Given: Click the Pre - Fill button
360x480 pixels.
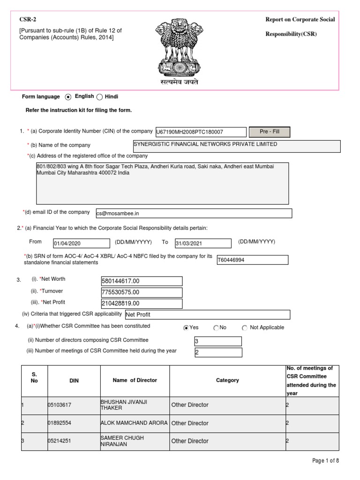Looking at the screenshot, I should tap(269, 132).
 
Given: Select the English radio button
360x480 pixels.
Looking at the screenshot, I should tap(68, 97).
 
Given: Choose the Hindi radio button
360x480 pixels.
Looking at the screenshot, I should tap(99, 97).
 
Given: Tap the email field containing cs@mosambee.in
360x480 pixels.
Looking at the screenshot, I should tap(194, 213).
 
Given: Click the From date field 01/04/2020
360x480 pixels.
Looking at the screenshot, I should tap(81, 243).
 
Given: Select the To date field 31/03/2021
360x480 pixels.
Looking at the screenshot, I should tap(203, 243).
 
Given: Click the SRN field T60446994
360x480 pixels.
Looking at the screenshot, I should tap(252, 260).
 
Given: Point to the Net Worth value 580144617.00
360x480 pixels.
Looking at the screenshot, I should tap(142, 281).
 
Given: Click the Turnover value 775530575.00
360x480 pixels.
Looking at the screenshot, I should tap(142, 292).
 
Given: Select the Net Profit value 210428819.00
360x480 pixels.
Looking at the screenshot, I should tap(142, 304).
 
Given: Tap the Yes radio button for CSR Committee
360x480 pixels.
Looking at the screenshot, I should tap(187, 328).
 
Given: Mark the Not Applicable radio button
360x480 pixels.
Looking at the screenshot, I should tap(245, 328).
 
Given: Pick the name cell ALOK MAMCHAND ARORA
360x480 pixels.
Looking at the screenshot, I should tap(135, 423).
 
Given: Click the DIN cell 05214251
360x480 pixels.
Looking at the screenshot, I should tap(74, 441).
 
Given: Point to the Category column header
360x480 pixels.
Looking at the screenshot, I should tap(227, 381).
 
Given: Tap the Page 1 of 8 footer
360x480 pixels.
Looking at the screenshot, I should tap(325, 461).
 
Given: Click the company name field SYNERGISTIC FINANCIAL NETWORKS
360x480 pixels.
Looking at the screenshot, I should tap(237, 146).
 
